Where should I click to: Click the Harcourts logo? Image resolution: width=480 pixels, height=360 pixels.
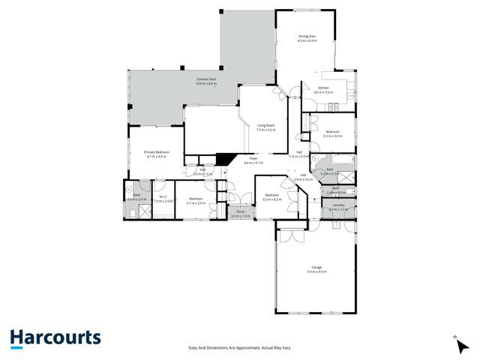55,338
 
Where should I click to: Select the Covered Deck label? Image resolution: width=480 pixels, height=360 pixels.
205,79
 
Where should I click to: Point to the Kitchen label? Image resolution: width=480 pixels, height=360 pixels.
323,88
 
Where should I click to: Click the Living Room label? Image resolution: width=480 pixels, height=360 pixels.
266,125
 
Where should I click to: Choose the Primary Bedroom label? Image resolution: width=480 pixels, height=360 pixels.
157,152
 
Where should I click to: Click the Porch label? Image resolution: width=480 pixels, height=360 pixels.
241,212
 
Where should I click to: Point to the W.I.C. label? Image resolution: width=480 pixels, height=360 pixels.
163,198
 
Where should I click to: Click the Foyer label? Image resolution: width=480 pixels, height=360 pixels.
253,159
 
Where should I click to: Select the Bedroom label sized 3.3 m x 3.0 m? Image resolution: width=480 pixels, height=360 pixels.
332,132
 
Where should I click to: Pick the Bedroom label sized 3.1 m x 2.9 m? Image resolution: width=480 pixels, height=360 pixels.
196,199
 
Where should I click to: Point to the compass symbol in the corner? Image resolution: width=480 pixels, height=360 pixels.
455,338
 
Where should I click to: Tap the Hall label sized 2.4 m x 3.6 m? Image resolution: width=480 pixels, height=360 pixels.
302,175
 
